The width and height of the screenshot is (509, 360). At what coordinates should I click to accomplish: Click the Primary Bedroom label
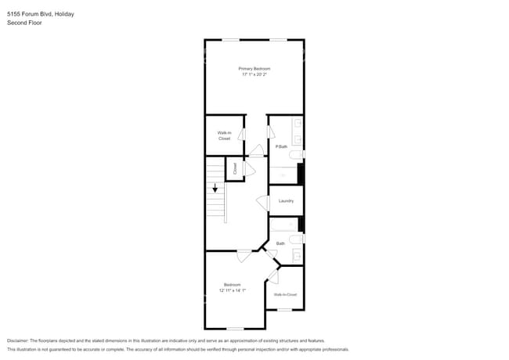[x=254, y=69]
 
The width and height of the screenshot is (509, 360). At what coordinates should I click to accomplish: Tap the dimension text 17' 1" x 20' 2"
[x=254, y=74]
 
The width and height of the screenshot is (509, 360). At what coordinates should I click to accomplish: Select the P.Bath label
[x=281, y=147]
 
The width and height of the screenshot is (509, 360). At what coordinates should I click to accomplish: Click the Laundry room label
[x=286, y=201]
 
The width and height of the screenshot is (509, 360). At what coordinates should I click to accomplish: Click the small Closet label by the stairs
[x=234, y=167]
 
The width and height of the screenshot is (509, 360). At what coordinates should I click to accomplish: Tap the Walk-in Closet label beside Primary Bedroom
[x=224, y=135]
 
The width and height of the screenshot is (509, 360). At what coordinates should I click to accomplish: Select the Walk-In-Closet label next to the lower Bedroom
[x=285, y=294]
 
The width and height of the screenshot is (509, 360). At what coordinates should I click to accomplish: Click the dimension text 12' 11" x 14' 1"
[x=233, y=290]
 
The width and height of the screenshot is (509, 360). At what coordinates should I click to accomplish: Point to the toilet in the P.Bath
[x=296, y=157]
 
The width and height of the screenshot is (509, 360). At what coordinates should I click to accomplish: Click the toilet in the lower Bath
[x=295, y=239]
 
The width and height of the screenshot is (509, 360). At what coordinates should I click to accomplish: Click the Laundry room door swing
[x=264, y=202]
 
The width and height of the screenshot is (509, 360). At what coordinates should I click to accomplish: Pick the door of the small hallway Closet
[x=248, y=168]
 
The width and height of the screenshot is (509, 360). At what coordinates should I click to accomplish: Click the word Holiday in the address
[x=64, y=13]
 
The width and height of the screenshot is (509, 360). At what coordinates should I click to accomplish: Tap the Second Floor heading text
[x=24, y=23]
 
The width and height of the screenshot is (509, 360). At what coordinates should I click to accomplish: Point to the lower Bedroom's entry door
[x=244, y=254]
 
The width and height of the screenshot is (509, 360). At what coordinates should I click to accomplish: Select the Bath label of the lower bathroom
[x=280, y=243]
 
